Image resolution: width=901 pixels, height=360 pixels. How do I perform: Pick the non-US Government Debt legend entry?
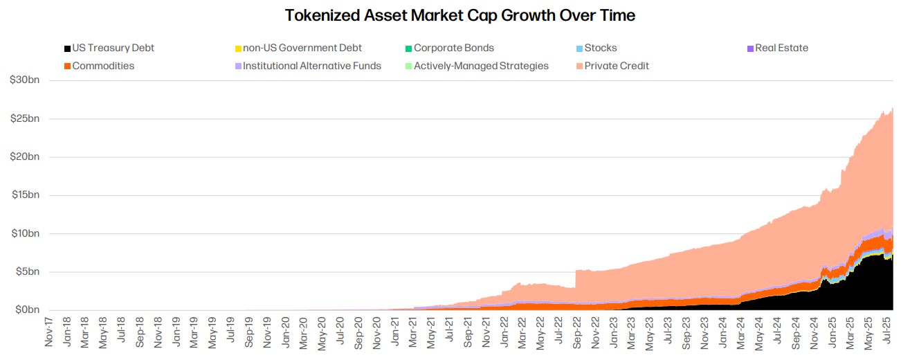(302, 48)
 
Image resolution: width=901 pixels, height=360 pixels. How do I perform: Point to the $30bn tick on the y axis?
(25, 80)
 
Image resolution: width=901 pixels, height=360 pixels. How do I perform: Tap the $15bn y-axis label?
(25, 195)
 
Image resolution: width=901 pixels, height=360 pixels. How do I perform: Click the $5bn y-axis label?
(28, 271)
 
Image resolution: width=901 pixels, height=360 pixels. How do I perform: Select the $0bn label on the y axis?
(28, 309)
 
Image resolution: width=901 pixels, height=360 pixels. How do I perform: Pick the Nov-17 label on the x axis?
(50, 332)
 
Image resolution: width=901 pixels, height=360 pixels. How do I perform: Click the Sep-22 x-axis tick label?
(577, 332)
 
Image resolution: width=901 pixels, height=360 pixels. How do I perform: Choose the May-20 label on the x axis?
(322, 332)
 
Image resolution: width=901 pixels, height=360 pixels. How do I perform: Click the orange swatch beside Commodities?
(67, 66)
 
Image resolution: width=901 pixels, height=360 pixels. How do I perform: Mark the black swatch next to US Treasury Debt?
(67, 48)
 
